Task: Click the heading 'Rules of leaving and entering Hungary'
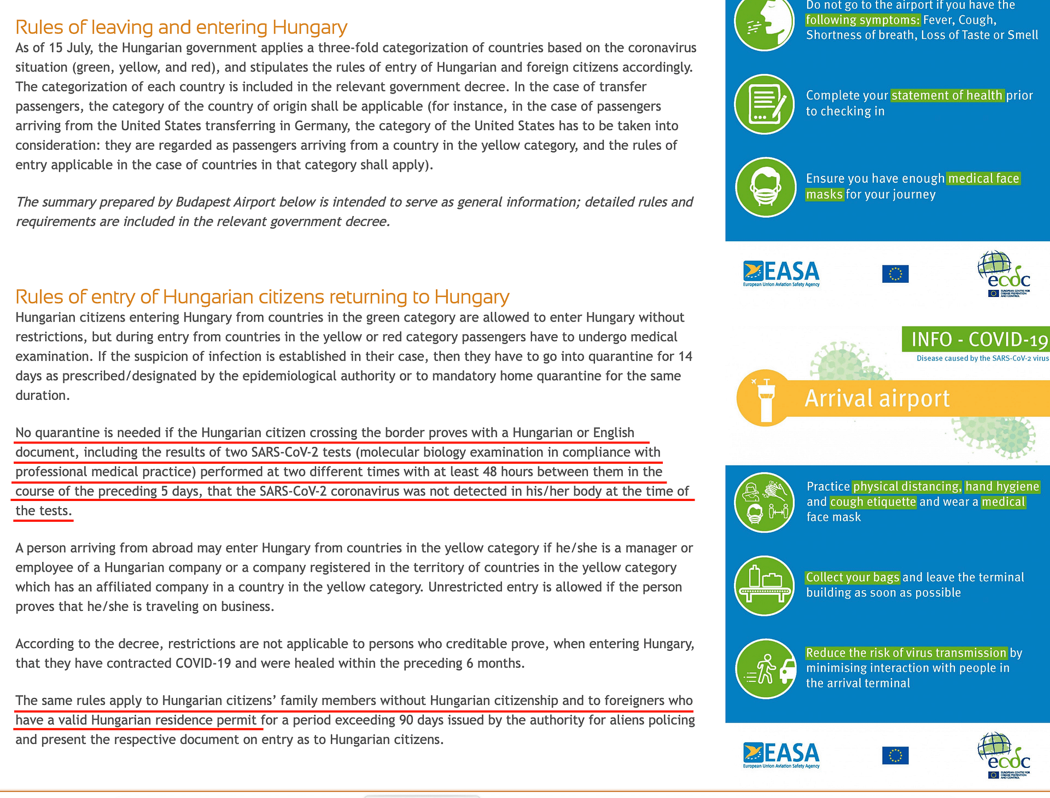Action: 181,27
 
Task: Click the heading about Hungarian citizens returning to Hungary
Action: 262,297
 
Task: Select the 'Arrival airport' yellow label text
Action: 877,398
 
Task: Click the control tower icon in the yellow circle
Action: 765,398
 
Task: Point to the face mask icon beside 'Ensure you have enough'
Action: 765,187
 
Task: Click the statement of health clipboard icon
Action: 765,104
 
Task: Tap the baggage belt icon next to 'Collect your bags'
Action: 765,586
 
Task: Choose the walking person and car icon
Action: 765,668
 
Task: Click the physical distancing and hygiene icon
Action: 765,502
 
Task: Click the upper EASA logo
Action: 781,273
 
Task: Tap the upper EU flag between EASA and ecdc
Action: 895,273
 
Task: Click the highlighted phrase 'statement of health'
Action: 947,95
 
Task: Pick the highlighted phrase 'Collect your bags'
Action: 853,577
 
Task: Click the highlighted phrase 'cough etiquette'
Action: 873,502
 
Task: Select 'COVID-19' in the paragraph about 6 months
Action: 203,663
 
